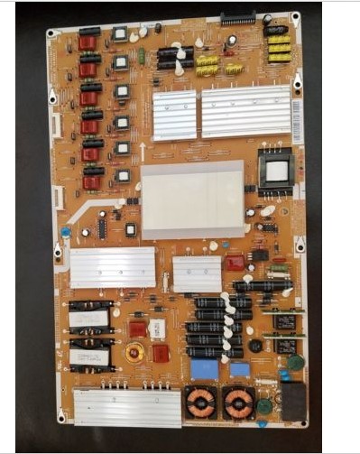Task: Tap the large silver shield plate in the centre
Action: click(192, 199)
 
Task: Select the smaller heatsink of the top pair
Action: click(174, 115)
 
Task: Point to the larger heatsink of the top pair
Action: click(245, 112)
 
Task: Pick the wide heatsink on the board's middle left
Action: click(114, 266)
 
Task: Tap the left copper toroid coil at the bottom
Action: click(200, 403)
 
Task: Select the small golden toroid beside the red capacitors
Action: click(134, 352)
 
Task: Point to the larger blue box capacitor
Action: click(204, 368)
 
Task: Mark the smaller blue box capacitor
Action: click(239, 368)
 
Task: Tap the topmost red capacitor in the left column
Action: click(88, 42)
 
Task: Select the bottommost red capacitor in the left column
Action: click(91, 182)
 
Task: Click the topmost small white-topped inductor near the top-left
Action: click(119, 35)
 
